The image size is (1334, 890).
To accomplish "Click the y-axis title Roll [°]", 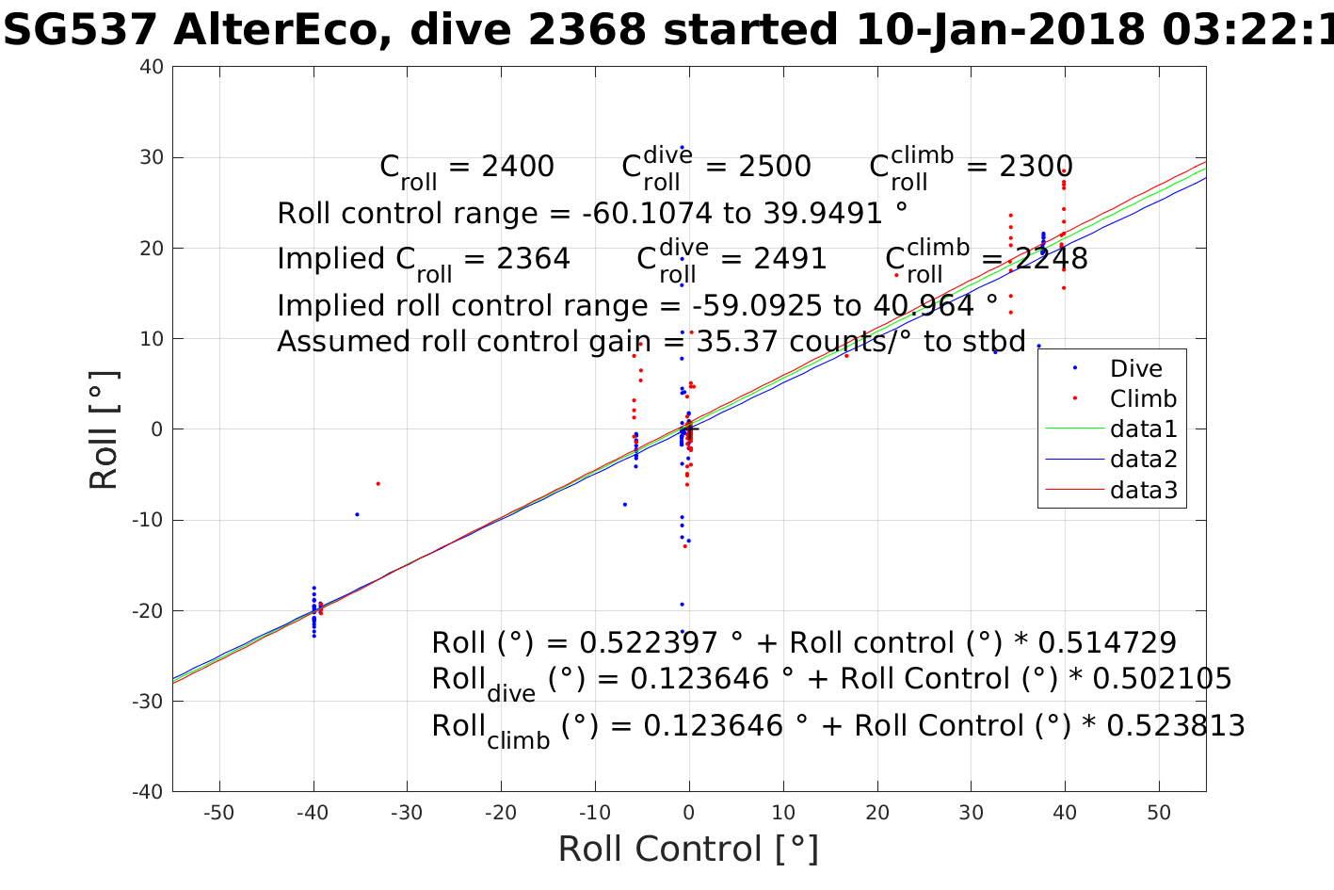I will (104, 430).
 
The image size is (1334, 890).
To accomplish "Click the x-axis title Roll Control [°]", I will (688, 849).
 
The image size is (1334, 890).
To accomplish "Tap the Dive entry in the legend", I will (1135, 368).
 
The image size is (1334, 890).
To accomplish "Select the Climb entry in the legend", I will (1143, 398).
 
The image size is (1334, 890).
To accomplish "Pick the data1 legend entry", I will (1143, 429).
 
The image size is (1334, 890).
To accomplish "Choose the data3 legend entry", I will (1143, 489).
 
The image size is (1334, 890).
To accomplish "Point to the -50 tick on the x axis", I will (219, 813).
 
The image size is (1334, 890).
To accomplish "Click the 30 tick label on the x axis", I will (972, 813).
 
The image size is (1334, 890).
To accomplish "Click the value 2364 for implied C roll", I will (530, 259).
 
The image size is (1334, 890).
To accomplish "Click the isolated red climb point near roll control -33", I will (378, 483).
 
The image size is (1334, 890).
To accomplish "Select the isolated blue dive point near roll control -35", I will (357, 514).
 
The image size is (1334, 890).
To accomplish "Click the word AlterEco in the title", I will (279, 31).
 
